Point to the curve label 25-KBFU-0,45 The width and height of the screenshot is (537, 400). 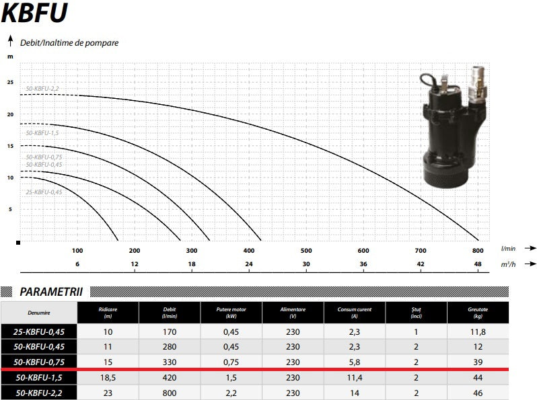point(44,192)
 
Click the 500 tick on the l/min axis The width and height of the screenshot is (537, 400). point(306,250)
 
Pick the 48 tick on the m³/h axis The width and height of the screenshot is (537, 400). point(478,264)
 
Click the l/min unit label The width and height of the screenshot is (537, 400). point(508,248)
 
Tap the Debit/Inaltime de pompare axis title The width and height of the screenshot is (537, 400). point(69,42)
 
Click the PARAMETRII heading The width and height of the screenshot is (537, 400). point(51,292)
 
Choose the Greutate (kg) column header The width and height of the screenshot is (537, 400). point(477,313)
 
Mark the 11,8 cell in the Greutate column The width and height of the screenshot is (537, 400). point(477,331)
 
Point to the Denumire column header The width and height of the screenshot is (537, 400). point(38,313)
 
